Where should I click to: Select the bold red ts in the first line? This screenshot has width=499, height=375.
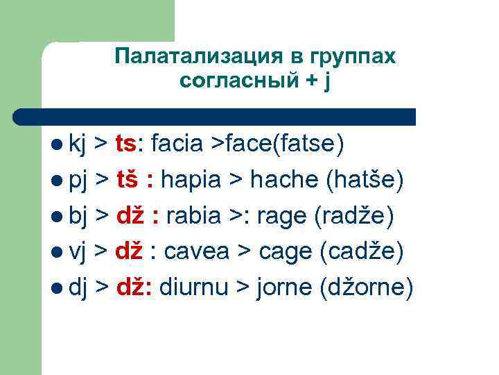[128, 144]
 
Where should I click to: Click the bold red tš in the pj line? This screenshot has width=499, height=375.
[131, 181]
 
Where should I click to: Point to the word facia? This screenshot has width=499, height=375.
[177, 144]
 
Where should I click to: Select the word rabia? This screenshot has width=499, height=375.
[196, 217]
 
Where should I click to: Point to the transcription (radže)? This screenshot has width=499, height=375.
[355, 217]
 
